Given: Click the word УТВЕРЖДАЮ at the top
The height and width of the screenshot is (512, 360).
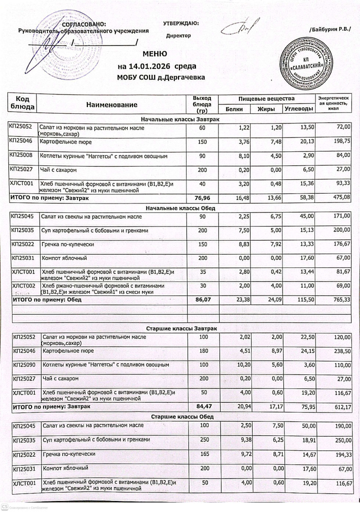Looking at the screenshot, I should pyautogui.click(x=181, y=23).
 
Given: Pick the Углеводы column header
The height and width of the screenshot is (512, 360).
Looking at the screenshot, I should pyautogui.click(x=298, y=109).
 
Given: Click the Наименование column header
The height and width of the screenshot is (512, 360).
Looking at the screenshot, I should pyautogui.click(x=111, y=104).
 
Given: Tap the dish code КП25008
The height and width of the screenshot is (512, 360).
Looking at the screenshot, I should pyautogui.click(x=21, y=155).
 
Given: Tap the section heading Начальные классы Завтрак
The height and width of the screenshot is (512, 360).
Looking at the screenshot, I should pyautogui.click(x=180, y=120).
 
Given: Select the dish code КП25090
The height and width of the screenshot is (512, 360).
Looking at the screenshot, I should pyautogui.click(x=24, y=364).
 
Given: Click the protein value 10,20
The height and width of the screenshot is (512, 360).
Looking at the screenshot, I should pyautogui.click(x=234, y=365).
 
